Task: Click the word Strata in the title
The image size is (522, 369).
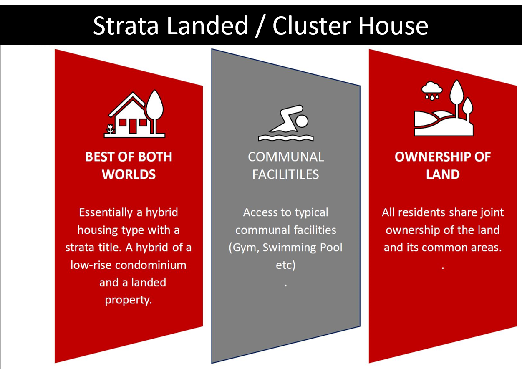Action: coord(125,26)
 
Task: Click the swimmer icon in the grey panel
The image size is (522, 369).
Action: coord(285,123)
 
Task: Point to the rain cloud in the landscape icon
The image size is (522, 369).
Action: coord(431,88)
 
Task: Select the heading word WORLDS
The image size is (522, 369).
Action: coord(129,174)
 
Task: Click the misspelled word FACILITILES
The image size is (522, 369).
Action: coord(285,174)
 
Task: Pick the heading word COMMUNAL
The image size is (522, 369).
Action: coord(285,157)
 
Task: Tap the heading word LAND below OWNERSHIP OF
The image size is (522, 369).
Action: coord(442,174)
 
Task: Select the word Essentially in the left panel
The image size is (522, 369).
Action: coord(105,212)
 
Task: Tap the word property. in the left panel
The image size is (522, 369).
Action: coord(129,300)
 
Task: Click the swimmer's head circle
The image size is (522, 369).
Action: coord(301,121)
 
